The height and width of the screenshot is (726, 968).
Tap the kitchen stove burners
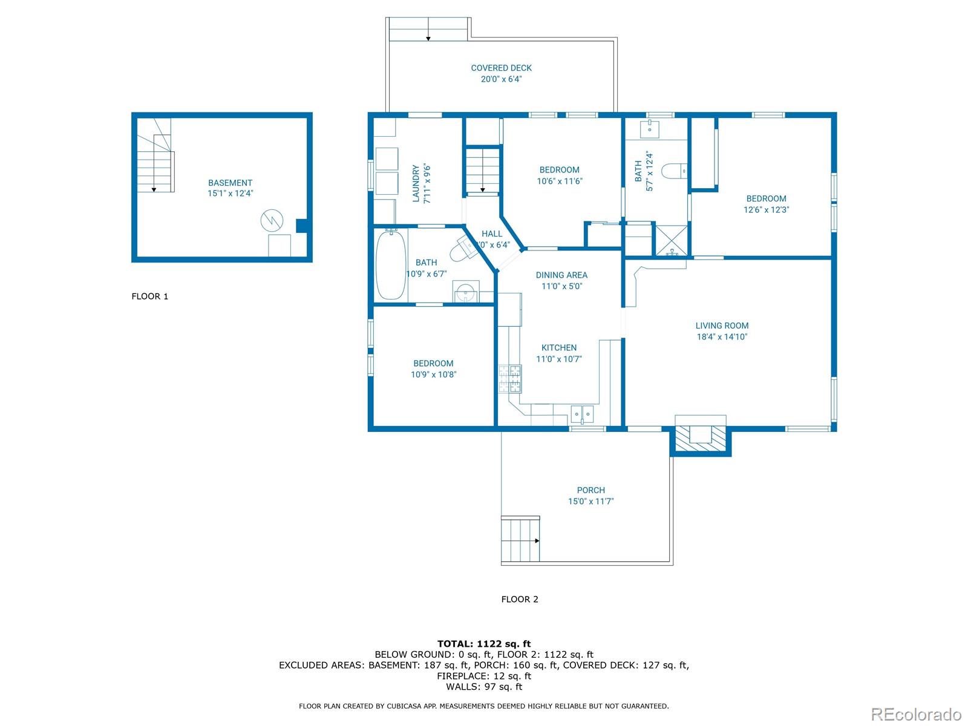coord(510,379)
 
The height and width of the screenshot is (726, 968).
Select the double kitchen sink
coord(582,414)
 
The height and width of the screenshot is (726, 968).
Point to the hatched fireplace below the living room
coord(701,439)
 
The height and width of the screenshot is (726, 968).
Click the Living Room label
coord(722,325)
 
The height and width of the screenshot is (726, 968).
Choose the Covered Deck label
coord(501,68)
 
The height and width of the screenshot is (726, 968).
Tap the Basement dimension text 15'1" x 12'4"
coord(231,193)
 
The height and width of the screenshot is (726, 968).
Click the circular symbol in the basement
coord(272,220)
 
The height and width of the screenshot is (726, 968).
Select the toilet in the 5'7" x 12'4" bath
coord(675,171)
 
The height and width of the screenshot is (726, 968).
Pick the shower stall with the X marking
coord(671,241)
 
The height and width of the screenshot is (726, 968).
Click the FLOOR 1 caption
coord(150,296)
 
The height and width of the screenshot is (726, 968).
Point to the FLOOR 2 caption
coord(520,599)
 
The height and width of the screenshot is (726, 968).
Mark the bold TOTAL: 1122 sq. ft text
coord(484,644)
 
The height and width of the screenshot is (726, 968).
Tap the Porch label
coord(591,490)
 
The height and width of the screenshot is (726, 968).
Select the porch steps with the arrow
coord(520,540)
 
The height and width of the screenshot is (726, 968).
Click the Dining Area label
coord(561,275)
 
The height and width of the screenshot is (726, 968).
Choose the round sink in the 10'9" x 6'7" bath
coord(465,292)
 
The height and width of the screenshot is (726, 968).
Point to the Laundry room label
coord(416,183)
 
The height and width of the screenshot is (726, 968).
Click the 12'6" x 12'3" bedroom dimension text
coord(766,210)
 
